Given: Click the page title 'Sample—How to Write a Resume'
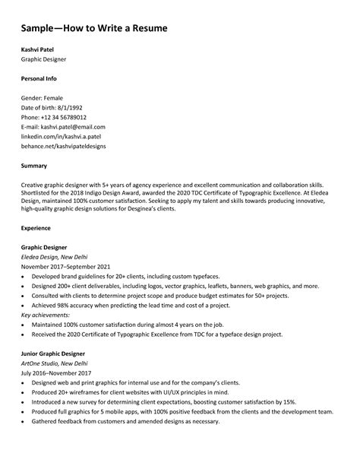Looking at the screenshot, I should coord(93,28).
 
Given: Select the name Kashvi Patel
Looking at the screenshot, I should coord(37,50).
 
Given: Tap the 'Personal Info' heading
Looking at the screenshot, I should coord(39,78).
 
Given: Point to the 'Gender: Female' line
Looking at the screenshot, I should coord(42,98).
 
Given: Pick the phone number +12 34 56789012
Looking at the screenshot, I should coord(62,117).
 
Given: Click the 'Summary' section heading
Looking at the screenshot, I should coord(34,165).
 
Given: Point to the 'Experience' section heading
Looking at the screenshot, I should coord(36,227).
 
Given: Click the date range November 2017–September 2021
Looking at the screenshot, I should coord(65,267).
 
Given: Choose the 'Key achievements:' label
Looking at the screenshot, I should coord(46,314).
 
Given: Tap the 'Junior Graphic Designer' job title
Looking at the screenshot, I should coord(52,353).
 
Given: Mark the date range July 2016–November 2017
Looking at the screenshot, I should coord(56,373).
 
